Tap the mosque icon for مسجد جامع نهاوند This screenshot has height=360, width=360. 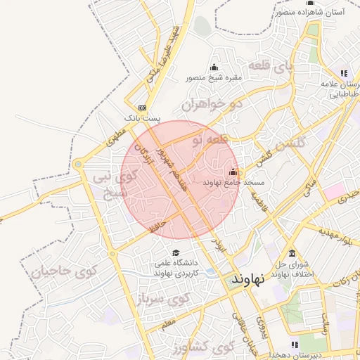tap(233, 172)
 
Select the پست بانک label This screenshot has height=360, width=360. tap(143, 119)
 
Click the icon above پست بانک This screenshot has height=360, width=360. tap(143, 108)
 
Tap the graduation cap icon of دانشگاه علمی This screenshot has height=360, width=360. tap(175, 253)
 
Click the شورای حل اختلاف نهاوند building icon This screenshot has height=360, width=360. tap(292, 255)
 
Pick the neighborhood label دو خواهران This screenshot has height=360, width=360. tap(212, 105)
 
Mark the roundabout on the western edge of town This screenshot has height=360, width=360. tap(78, 165)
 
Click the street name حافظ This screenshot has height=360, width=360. tap(157, 226)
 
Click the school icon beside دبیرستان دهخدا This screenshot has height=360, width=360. tap(294, 345)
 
